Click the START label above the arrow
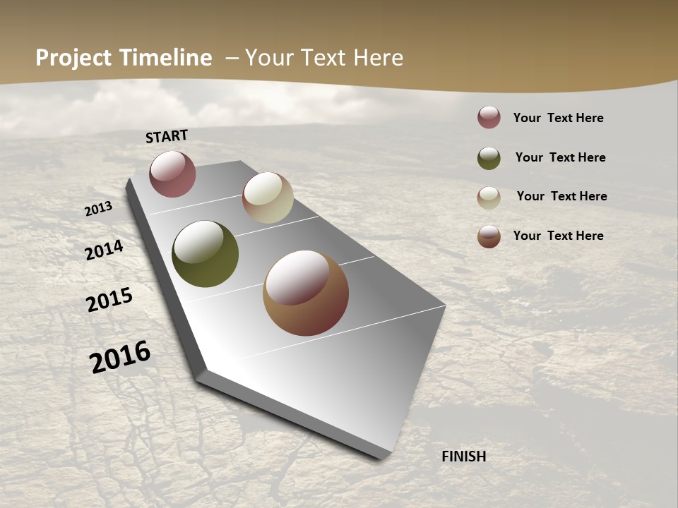(167, 136)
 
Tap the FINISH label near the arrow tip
(464, 456)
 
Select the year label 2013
(98, 209)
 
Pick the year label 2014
(104, 250)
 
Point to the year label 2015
(109, 300)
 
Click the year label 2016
(120, 356)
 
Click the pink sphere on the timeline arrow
(172, 174)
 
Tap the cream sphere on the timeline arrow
(268, 198)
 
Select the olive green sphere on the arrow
(205, 254)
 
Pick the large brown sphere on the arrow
(306, 293)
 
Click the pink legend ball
(489, 117)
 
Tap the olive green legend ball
(489, 158)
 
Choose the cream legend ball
(489, 198)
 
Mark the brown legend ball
(489, 236)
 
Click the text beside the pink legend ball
(558, 118)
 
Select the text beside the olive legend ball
(560, 157)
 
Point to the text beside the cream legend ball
(561, 196)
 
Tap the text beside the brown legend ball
(558, 236)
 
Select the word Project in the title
(73, 58)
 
